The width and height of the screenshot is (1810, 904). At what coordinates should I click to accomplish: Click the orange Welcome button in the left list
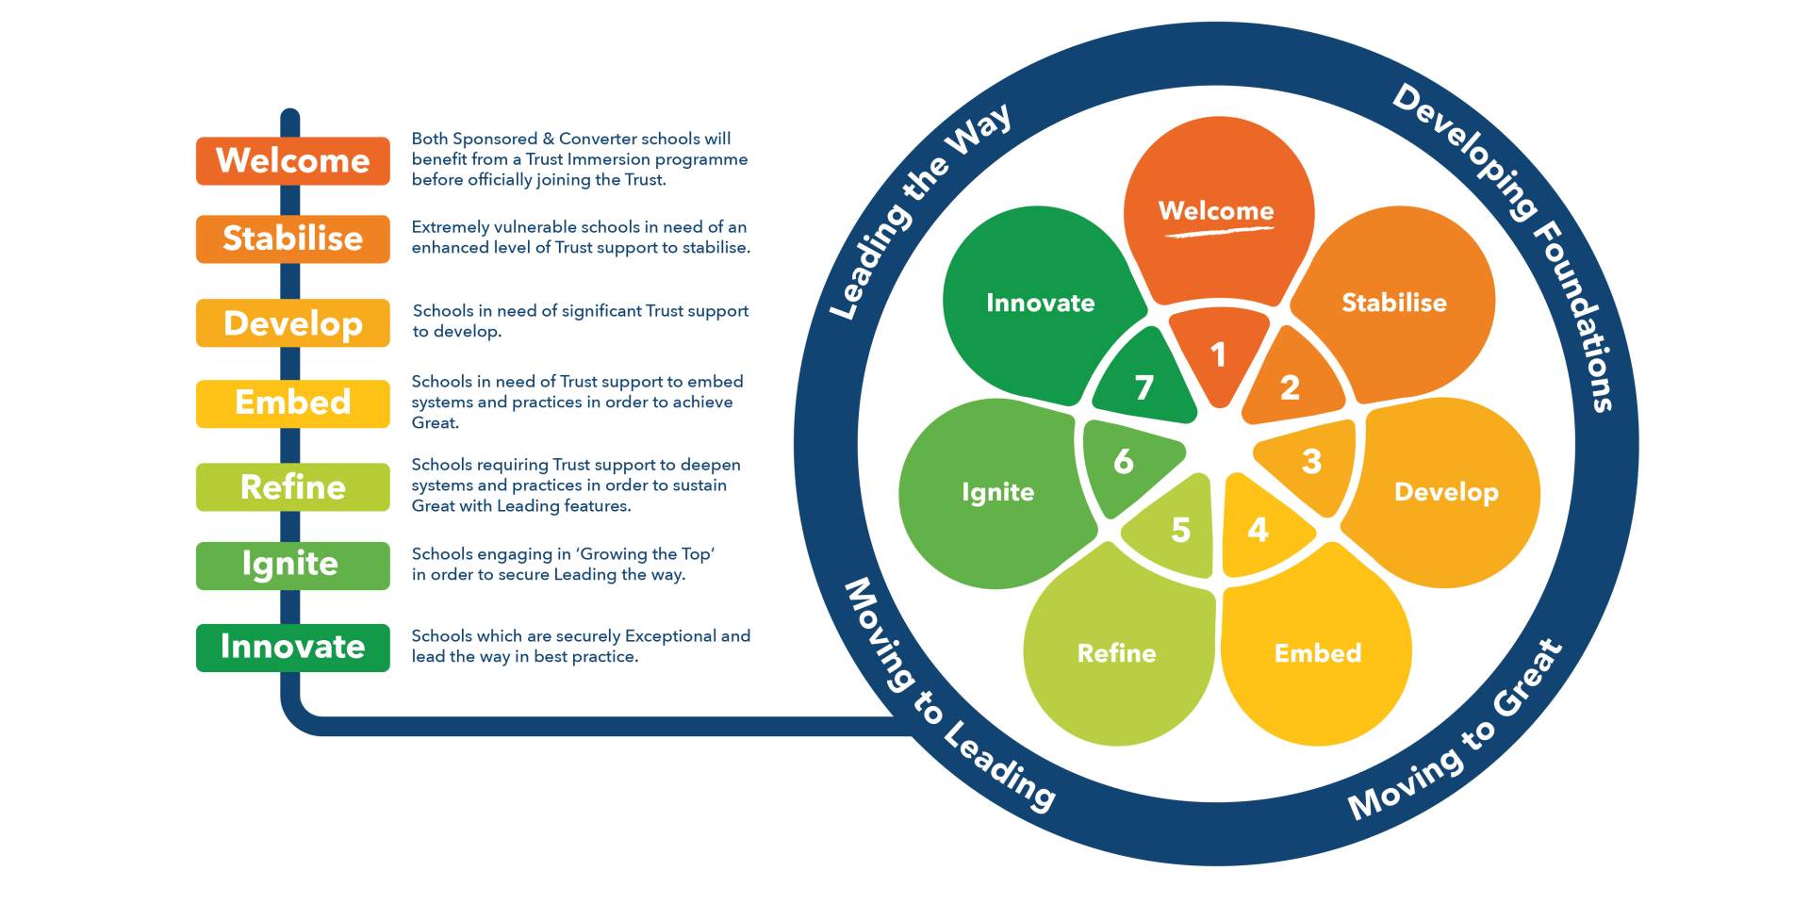click(x=292, y=160)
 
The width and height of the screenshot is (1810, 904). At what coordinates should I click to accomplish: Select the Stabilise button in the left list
click(x=292, y=238)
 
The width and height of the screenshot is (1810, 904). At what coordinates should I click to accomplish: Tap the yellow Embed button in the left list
click(x=292, y=403)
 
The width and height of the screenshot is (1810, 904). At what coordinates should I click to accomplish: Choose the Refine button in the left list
click(x=292, y=486)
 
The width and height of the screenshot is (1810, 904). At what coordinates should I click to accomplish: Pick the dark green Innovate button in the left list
click(x=292, y=647)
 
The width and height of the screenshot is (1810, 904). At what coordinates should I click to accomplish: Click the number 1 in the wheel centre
click(x=1218, y=355)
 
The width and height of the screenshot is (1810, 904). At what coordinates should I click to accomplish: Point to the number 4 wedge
click(x=1258, y=530)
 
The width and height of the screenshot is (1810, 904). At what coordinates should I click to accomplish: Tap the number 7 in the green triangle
click(x=1144, y=387)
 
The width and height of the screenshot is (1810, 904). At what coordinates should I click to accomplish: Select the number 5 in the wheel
click(x=1180, y=530)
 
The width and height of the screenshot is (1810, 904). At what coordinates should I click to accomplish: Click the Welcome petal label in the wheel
click(x=1216, y=211)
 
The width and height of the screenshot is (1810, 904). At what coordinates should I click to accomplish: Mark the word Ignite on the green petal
click(x=997, y=492)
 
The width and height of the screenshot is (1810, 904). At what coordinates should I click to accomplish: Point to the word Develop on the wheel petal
click(x=1446, y=492)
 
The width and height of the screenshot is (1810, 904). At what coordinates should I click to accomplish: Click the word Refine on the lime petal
click(x=1116, y=653)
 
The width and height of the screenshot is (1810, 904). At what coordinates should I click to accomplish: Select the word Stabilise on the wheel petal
click(x=1393, y=303)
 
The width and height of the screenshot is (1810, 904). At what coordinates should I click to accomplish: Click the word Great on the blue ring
click(x=1528, y=679)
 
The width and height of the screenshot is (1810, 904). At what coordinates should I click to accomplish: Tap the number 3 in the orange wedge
click(x=1311, y=462)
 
